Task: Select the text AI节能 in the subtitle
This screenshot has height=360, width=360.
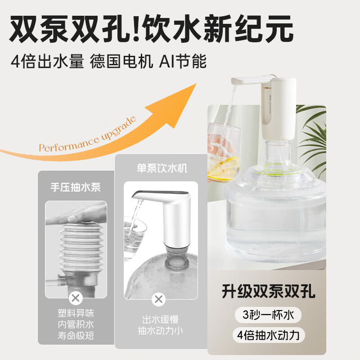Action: coord(182,62)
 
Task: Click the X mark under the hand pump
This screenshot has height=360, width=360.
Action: coord(76,298)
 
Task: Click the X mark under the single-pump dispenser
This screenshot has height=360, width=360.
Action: coord(158,298)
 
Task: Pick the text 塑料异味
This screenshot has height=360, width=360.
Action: coord(76,313)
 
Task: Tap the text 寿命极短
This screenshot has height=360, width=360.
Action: coord(76,335)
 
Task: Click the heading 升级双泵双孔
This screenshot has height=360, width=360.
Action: coord(268,292)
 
